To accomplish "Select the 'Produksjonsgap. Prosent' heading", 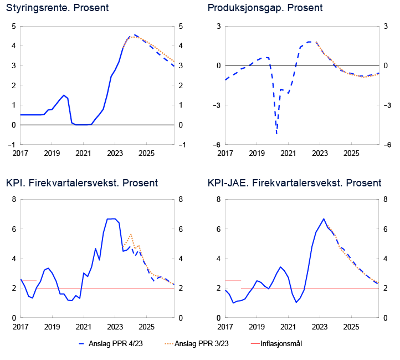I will (x=265, y=8).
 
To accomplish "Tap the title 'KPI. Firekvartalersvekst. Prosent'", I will (x=82, y=183).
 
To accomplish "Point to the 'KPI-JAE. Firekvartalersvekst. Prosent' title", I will (x=294, y=183).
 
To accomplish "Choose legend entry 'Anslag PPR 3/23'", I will (x=201, y=344).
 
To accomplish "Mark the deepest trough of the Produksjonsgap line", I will (x=276, y=134).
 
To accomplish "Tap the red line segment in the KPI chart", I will (x=28, y=281).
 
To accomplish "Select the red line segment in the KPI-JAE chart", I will (x=233, y=281).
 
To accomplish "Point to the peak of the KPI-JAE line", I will (x=324, y=219).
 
